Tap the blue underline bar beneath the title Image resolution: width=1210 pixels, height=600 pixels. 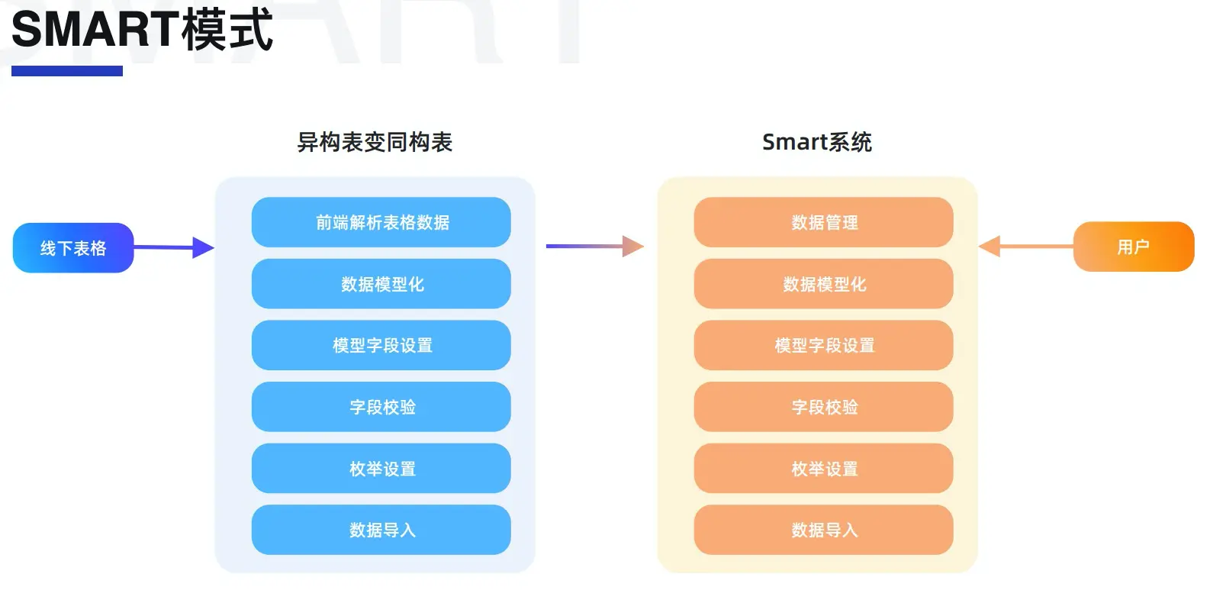click(x=67, y=71)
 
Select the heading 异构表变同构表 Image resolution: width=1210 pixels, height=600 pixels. click(x=375, y=142)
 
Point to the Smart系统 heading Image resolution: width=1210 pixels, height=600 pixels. click(x=816, y=142)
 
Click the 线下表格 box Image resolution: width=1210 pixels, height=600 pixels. click(x=73, y=248)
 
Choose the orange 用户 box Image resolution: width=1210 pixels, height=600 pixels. click(x=1133, y=247)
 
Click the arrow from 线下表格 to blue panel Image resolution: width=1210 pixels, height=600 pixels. click(x=174, y=247)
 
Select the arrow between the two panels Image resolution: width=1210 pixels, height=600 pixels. click(x=595, y=246)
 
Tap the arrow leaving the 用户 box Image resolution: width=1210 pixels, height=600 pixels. click(x=1025, y=246)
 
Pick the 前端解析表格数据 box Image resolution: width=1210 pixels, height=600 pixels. click(x=381, y=222)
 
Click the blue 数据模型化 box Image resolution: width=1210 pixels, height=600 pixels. click(x=381, y=284)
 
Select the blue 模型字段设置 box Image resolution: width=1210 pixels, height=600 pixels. click(x=381, y=345)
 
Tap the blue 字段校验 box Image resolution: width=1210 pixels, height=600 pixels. click(x=381, y=407)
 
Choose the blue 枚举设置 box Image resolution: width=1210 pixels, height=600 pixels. click(x=381, y=469)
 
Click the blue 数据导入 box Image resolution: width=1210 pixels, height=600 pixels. click(x=381, y=530)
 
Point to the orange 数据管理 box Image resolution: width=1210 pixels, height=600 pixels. click(x=824, y=222)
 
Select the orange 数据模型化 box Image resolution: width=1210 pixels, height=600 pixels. click(x=824, y=284)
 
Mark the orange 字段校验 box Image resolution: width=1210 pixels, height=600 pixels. click(x=824, y=407)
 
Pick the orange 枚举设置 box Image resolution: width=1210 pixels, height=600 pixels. click(x=824, y=469)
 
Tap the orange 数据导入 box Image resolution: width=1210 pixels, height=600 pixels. click(x=824, y=530)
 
